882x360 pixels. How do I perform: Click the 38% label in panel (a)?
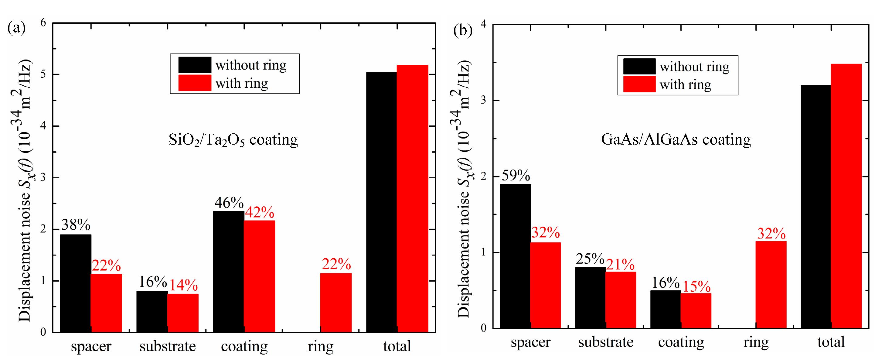click(x=76, y=225)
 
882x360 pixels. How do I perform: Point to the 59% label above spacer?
click(x=516, y=175)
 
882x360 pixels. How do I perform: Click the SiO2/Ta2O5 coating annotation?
click(x=233, y=140)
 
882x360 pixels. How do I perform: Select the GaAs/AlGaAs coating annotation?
click(x=676, y=139)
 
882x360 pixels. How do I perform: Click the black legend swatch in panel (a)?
click(x=195, y=65)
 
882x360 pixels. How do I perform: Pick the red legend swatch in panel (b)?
click(x=639, y=84)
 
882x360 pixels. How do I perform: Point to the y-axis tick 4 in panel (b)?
click(x=483, y=24)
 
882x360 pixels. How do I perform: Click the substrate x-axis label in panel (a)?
click(x=167, y=346)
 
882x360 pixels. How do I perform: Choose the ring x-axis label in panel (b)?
click(x=756, y=342)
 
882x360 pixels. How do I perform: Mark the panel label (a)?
click(x=16, y=28)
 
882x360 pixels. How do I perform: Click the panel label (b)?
click(x=463, y=30)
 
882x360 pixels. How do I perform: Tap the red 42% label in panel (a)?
click(x=260, y=212)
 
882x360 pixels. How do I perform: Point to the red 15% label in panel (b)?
click(x=696, y=286)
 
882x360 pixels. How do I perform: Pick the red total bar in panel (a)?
click(x=412, y=198)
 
